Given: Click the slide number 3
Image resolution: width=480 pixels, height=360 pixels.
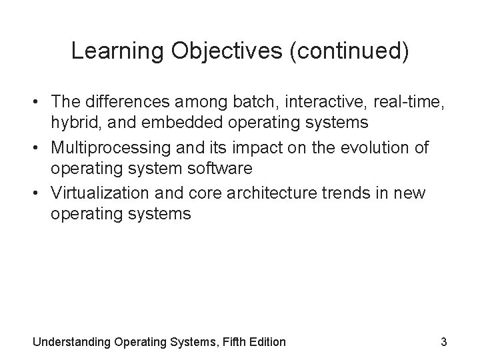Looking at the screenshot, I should [443, 342].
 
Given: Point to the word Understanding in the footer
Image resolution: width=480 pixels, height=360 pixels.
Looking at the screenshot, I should [71, 343].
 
